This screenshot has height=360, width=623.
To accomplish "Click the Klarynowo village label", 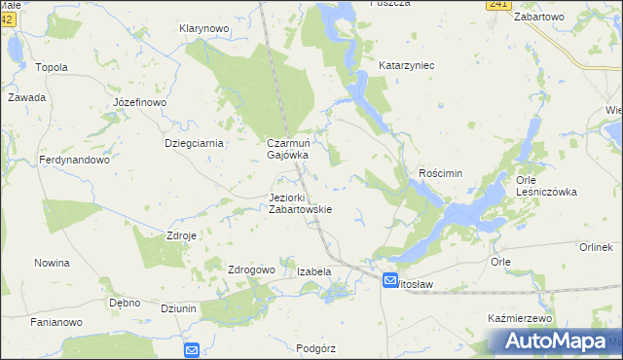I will [x=203, y=29].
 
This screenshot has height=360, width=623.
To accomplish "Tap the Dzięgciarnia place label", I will [x=195, y=143].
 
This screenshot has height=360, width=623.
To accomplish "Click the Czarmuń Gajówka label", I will [x=288, y=149].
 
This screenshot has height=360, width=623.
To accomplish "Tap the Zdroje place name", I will [x=182, y=235].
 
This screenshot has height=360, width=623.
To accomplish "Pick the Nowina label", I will [x=52, y=263].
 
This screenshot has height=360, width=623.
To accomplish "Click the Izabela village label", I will [x=314, y=271].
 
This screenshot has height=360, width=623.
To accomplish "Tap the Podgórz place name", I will [x=314, y=347].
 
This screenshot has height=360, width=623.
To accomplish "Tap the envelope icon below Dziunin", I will [x=191, y=349].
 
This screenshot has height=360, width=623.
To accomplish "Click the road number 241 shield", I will [x=498, y=5].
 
